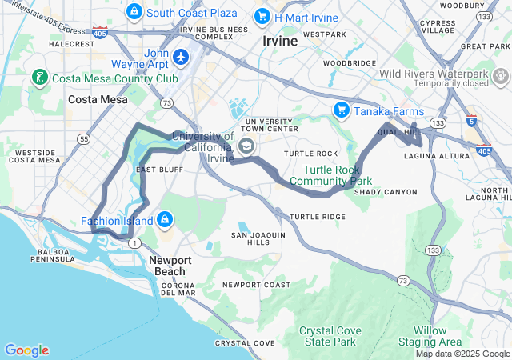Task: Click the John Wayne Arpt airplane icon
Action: coord(181,57)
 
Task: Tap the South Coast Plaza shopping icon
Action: coord(134,12)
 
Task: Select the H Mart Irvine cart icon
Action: coord(262,16)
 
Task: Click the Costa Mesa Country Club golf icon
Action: coord(38,78)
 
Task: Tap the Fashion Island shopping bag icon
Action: coord(165,218)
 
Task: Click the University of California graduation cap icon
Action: coord(246,146)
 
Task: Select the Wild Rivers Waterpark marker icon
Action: coord(501,77)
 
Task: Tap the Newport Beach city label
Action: coord(170,266)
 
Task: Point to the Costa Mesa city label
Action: coord(95,99)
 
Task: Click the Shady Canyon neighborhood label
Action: coord(386,192)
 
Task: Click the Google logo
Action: coord(26,350)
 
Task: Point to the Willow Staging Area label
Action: coord(430,336)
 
